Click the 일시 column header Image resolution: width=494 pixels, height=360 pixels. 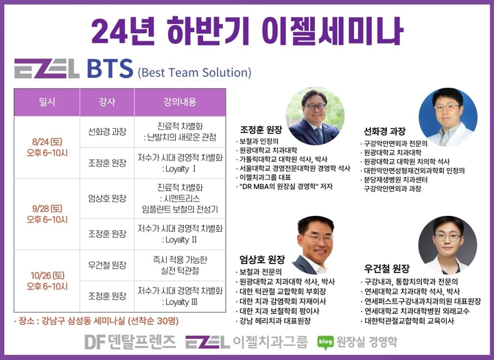click(47, 102)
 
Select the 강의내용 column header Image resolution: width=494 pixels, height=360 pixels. click(180, 102)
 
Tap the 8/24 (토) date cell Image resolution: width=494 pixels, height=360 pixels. click(47, 147)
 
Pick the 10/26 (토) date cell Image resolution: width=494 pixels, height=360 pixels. click(47, 281)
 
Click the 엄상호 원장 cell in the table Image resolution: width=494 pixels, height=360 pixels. click(107, 198)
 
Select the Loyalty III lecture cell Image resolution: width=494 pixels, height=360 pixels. click(180, 296)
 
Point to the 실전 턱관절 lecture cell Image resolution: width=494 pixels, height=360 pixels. click(180, 265)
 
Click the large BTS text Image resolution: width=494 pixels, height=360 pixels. click(110, 69)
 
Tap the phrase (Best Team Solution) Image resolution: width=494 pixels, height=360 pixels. click(194, 73)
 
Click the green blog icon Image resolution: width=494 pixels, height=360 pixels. click(325, 342)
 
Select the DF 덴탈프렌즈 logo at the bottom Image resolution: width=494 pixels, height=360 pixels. click(130, 341)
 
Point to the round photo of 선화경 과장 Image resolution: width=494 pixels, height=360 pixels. click(447, 117)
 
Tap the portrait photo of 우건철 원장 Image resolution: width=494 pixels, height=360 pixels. click(447, 245)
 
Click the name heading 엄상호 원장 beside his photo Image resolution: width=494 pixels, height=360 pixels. click(262, 259)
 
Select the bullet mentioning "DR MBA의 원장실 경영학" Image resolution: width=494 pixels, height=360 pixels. click(285, 187)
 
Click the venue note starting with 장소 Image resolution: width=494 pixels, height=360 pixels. click(97, 321)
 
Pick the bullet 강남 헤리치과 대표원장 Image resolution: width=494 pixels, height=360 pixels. click(274, 321)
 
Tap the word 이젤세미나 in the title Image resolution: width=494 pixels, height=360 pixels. click(332, 31)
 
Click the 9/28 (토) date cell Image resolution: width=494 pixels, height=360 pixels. click(47, 214)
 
